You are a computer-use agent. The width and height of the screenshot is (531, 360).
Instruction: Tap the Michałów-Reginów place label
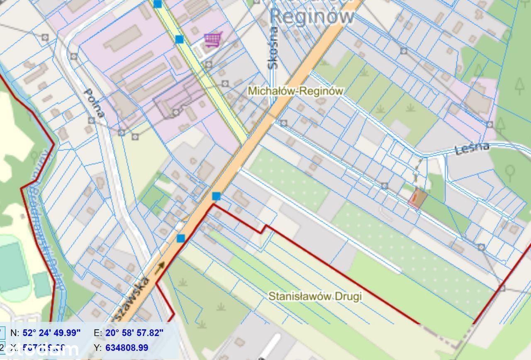[x=295, y=91]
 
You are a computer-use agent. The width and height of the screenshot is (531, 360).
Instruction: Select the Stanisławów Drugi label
[x=315, y=297]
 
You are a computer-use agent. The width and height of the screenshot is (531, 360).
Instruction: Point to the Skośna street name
[x=273, y=48]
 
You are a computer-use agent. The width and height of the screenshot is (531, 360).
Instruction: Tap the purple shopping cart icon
[x=213, y=40]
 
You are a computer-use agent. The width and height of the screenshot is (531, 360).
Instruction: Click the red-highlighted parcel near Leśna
[x=417, y=199]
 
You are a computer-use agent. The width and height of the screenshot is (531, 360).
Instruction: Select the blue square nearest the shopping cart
[x=179, y=39]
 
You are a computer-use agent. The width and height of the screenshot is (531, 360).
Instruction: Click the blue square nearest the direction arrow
[x=180, y=238]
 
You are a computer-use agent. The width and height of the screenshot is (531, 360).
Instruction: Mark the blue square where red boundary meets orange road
[x=216, y=196]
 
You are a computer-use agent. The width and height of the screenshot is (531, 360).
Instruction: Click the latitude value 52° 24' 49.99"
[x=51, y=333]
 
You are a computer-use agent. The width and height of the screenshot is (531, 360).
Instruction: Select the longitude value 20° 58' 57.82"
[x=134, y=333]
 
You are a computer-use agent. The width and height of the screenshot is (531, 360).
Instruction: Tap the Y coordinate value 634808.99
[x=127, y=348]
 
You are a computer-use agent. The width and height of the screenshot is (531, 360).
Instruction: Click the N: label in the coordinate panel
[x=15, y=333]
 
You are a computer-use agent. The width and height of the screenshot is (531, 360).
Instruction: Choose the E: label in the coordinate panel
[x=97, y=333]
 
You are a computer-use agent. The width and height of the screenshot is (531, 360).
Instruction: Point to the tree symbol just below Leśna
[x=510, y=171]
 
